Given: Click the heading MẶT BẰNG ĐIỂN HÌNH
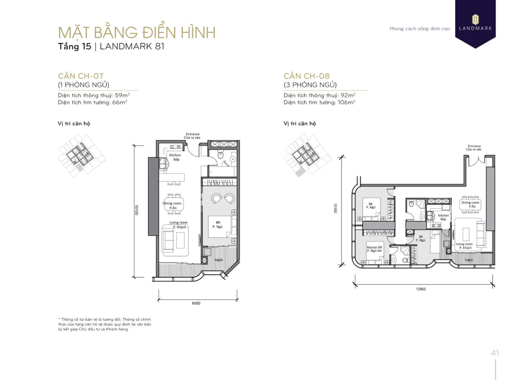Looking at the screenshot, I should (x=137, y=32).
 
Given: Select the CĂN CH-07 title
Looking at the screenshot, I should (x=81, y=76).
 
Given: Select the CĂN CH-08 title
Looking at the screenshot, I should (x=307, y=76).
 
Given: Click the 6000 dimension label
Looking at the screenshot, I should (x=196, y=303).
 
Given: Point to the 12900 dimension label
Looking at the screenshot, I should (x=421, y=289).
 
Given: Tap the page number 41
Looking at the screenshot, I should (x=495, y=353).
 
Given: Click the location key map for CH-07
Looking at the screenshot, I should (x=82, y=156).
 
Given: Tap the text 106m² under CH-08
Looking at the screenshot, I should (x=346, y=103).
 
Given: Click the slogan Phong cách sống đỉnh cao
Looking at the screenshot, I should (x=419, y=29).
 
